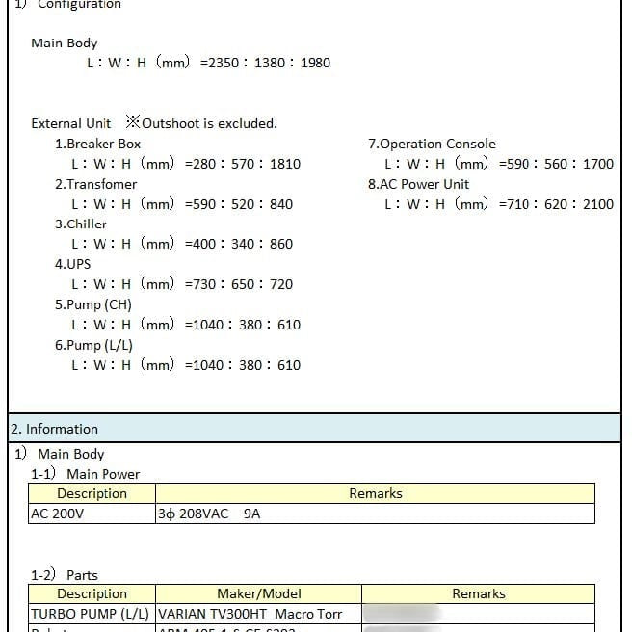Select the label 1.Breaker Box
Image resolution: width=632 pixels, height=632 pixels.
(x=97, y=144)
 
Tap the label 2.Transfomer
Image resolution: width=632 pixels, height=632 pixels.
(x=95, y=184)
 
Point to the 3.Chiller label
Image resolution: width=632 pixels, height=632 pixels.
(x=80, y=224)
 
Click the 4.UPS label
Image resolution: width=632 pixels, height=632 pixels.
(x=72, y=264)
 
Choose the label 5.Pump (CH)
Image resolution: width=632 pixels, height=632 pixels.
(x=93, y=304)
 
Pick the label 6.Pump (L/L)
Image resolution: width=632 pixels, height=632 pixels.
(x=93, y=345)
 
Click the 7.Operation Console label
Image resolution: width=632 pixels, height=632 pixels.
(x=432, y=144)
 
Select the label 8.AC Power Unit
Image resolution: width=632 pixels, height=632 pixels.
(x=418, y=184)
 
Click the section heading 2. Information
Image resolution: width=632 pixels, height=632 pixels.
(x=54, y=429)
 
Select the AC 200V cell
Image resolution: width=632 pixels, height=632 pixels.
(x=58, y=513)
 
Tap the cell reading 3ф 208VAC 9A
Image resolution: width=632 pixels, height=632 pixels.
(x=208, y=513)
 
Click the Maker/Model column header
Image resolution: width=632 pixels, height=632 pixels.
(x=258, y=594)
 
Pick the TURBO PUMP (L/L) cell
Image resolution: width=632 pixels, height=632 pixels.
(x=91, y=614)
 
